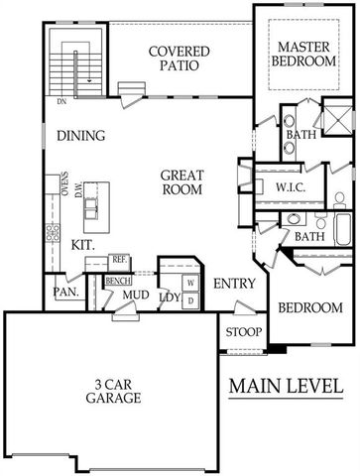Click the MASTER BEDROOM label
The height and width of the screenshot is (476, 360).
303,56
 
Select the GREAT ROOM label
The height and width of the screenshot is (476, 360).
182,181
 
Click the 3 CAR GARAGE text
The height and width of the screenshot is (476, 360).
112,390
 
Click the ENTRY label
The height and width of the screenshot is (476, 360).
235,284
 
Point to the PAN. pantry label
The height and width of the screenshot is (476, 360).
65,293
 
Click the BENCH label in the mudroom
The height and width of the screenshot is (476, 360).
119,282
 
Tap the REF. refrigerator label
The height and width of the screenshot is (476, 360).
120,260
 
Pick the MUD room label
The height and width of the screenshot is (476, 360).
136,295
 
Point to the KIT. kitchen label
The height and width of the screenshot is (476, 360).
84,243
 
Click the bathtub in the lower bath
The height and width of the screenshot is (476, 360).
341,232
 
